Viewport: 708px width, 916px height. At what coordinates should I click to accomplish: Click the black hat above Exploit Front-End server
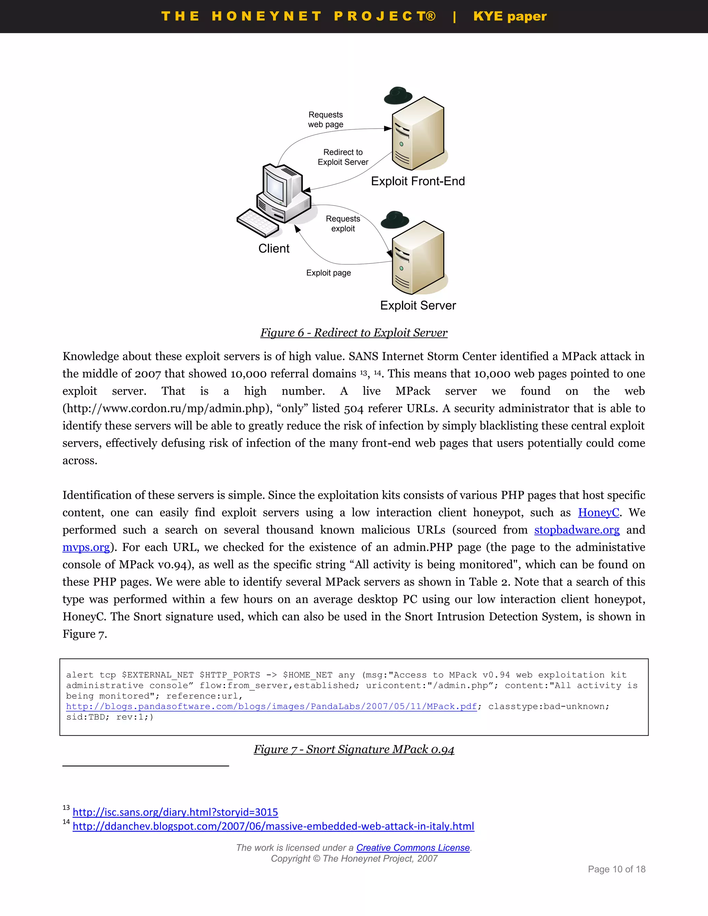[398, 96]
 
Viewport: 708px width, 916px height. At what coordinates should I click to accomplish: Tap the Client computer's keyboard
[258, 223]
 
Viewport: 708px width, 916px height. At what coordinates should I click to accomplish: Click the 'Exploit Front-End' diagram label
[418, 181]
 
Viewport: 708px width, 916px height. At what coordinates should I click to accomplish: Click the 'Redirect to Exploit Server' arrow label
[343, 157]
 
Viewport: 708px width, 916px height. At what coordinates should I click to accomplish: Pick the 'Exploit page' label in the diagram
[328, 273]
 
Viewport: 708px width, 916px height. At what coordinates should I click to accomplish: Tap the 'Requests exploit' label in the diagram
[343, 224]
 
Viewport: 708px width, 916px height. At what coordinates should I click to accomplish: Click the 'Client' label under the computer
[274, 249]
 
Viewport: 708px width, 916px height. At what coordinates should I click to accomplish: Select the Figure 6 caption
[354, 333]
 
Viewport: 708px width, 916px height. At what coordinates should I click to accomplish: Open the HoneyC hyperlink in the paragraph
[598, 513]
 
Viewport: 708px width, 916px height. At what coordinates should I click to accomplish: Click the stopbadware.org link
[577, 530]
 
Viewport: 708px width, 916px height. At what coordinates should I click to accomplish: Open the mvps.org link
[86, 547]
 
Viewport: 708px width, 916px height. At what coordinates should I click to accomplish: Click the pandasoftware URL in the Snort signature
[271, 706]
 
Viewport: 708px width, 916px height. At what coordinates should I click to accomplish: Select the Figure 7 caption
[354, 749]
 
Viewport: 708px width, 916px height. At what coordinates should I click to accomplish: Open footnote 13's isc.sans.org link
[175, 812]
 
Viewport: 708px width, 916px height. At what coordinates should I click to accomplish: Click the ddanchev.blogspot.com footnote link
[273, 826]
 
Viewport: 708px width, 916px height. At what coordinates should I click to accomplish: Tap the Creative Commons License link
[413, 848]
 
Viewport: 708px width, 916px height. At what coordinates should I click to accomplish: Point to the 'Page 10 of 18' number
[616, 869]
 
